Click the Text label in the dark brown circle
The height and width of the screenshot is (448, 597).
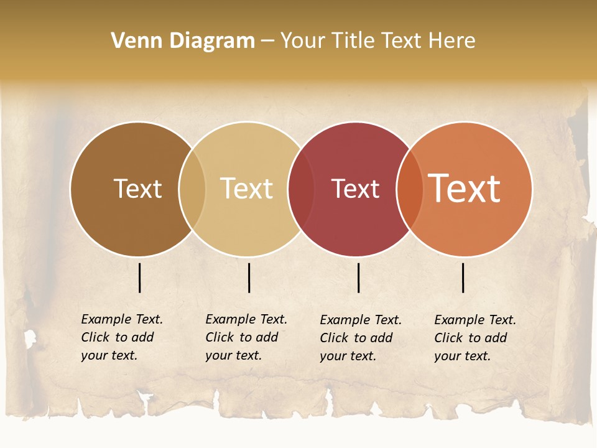137,189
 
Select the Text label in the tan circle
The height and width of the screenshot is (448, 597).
247,189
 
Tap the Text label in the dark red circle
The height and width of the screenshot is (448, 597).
355,189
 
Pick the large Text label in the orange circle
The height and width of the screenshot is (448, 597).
465,189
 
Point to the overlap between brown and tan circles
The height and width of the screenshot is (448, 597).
192,189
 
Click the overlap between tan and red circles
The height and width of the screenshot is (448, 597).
301,189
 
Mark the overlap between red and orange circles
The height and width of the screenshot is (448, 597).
410,189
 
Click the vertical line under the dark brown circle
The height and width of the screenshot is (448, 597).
140,278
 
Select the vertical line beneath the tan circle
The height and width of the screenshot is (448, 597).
249,278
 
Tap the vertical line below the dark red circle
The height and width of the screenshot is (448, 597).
359,278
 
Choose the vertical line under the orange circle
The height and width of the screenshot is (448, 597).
463,278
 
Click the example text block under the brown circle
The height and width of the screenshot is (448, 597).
121,337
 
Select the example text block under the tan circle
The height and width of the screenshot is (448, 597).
246,337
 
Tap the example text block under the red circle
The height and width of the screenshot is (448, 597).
360,338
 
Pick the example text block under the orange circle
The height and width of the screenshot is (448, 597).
474,338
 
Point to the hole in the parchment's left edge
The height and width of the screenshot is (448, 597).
29,338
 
